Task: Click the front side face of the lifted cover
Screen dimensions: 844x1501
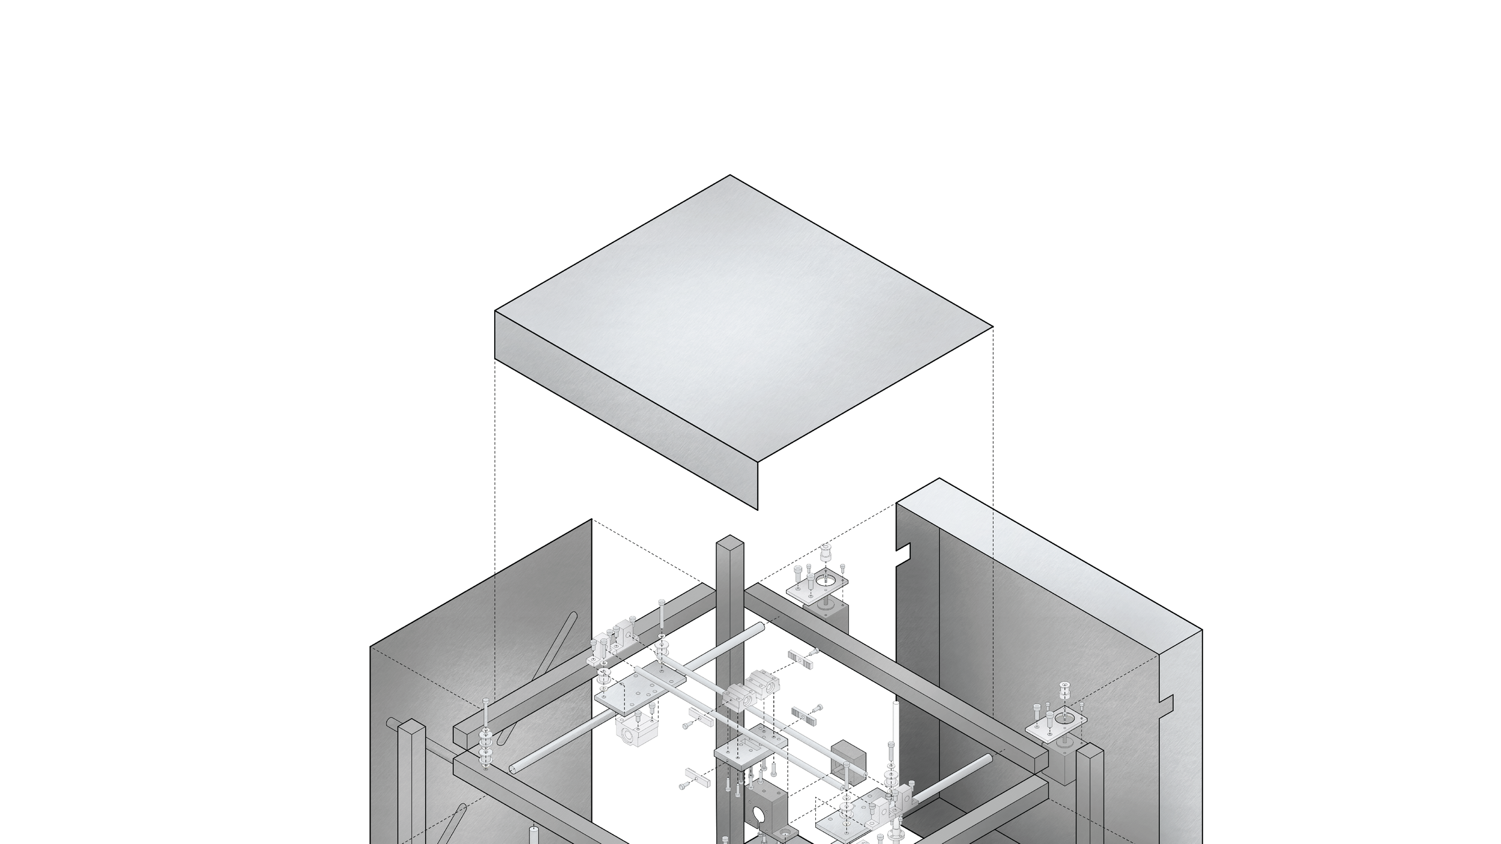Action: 624,414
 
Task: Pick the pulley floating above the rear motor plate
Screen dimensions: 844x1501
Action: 826,552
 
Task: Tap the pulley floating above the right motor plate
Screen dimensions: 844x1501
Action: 1065,689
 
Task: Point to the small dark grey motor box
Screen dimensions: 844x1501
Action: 848,762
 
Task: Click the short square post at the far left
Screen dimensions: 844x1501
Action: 411,780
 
